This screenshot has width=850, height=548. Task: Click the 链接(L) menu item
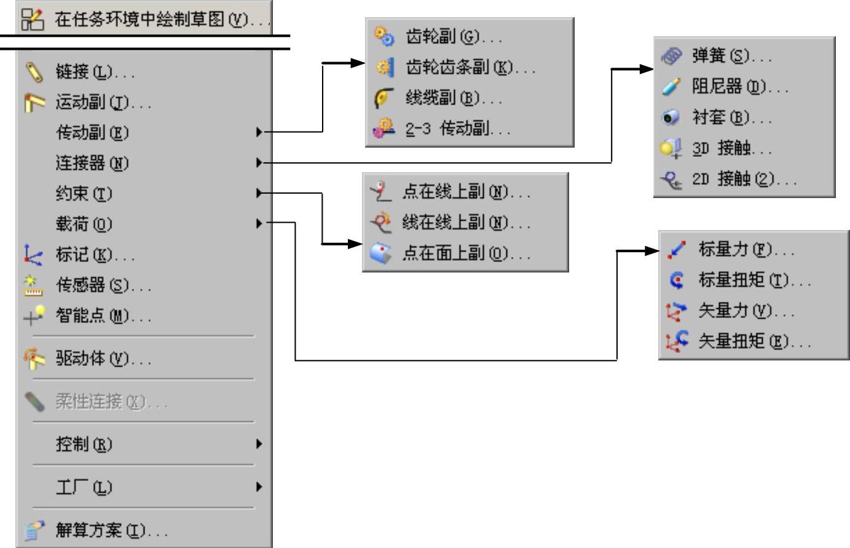pos(95,73)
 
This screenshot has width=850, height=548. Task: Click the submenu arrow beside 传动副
pos(259,132)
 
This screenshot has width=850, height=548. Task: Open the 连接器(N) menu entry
pos(92,163)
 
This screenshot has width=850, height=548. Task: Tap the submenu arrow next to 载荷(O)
pos(259,223)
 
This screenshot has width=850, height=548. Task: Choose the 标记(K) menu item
pos(95,255)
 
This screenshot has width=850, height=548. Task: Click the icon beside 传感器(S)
pos(34,285)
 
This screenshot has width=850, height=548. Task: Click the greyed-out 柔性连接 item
pos(111,402)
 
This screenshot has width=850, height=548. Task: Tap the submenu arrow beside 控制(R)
pos(259,443)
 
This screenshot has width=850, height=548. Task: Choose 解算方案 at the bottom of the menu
pos(111,530)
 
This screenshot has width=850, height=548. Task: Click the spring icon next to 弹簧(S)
pos(671,57)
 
